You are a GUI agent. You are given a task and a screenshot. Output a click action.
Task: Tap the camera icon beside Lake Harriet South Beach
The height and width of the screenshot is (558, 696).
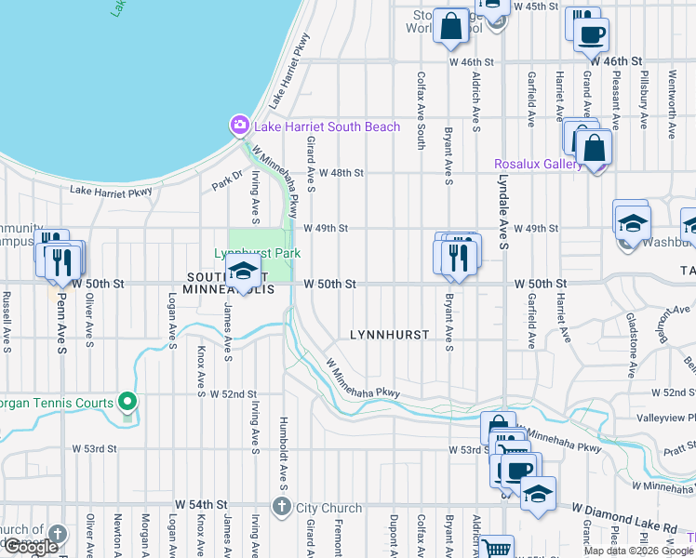click(x=239, y=126)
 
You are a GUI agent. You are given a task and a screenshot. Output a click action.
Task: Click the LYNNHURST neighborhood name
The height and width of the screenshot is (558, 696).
click(x=389, y=334)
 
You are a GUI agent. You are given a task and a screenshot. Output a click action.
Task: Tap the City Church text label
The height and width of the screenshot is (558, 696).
click(x=328, y=508)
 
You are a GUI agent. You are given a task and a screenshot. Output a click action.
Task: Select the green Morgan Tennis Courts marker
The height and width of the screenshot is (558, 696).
click(x=129, y=403)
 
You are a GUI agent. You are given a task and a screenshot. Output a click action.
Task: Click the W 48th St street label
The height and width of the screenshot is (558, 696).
click(x=340, y=173)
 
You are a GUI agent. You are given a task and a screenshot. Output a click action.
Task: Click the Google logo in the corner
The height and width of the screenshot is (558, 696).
click(x=31, y=547)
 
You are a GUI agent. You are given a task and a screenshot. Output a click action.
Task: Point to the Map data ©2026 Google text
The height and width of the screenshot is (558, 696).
click(x=638, y=551)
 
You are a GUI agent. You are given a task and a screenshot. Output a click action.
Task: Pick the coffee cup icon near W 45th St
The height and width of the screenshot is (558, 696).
click(x=591, y=35)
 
